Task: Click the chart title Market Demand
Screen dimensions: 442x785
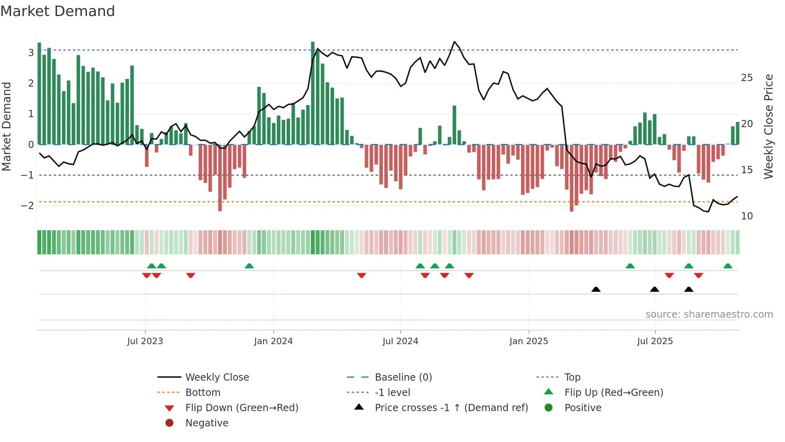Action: tap(58, 11)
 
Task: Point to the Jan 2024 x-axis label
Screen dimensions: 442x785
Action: tap(273, 341)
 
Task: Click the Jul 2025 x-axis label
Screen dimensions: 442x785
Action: tap(655, 341)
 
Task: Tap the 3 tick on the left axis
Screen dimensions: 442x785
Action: tap(31, 53)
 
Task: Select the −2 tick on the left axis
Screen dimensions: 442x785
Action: tap(28, 205)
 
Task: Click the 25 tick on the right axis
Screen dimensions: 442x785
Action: tap(747, 77)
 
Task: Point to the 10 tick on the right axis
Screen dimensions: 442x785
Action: tap(747, 216)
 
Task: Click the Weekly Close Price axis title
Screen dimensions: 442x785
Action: tap(768, 126)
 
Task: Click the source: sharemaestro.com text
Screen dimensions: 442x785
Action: tap(709, 314)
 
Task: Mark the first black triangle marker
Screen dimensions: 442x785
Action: tap(596, 289)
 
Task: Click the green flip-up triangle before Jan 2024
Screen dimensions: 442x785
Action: tap(249, 266)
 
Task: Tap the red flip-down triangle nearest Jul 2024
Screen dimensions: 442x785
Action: tap(425, 275)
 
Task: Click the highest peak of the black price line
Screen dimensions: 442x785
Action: tap(454, 42)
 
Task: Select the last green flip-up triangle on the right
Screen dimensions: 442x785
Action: tap(728, 266)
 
